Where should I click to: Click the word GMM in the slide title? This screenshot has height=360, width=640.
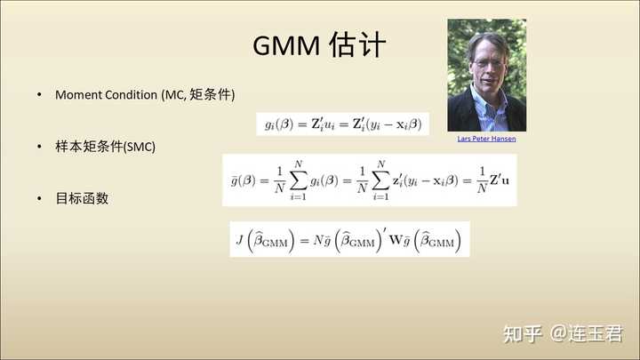286,45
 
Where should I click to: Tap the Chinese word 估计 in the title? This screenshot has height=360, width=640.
357,44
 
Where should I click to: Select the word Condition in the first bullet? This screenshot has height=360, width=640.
132,95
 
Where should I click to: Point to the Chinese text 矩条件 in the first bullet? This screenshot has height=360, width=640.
210,94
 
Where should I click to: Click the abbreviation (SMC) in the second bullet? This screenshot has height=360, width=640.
140,147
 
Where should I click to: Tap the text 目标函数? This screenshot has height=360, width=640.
82,198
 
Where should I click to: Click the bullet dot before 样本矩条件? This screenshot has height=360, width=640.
39,147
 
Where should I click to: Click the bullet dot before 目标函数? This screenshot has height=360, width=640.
39,198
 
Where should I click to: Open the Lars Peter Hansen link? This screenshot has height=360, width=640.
486,139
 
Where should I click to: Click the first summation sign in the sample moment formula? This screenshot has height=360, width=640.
299,180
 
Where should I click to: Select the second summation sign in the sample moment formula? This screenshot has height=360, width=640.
380,180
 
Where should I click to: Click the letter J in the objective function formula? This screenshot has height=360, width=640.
240,239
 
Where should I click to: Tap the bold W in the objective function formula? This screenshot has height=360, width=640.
396,239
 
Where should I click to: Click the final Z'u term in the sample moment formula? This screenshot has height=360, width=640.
500,180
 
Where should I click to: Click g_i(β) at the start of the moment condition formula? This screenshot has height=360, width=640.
279,124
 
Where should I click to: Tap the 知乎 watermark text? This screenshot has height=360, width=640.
523,334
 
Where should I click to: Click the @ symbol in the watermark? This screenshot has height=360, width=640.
559,333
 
